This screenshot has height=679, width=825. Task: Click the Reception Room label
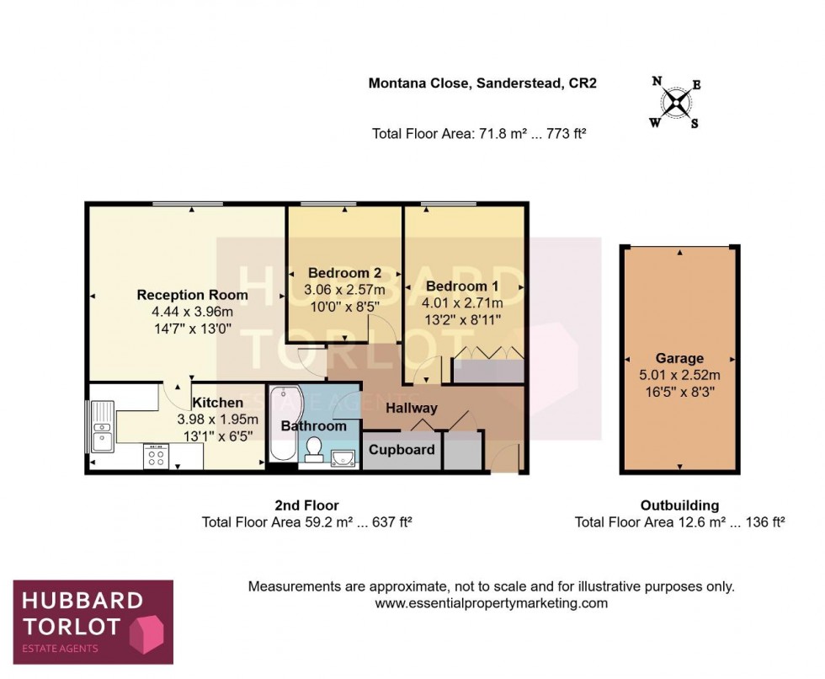[192, 295]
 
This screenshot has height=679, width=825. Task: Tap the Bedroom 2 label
[344, 273]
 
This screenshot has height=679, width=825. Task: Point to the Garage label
[679, 358]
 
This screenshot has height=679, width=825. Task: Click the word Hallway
[412, 409]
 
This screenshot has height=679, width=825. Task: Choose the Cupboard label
[402, 450]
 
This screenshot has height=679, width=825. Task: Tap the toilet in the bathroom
[313, 449]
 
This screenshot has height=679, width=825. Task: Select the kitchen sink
[104, 428]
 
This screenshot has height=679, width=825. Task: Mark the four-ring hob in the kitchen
[157, 456]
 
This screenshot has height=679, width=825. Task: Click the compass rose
[675, 103]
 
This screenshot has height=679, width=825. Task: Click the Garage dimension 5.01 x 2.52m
[679, 374]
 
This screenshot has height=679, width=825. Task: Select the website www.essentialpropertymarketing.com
[491, 603]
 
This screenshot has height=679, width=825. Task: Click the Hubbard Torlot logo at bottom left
[93, 622]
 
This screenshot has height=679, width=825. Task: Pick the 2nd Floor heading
[306, 505]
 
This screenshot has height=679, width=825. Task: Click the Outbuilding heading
[679, 505]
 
